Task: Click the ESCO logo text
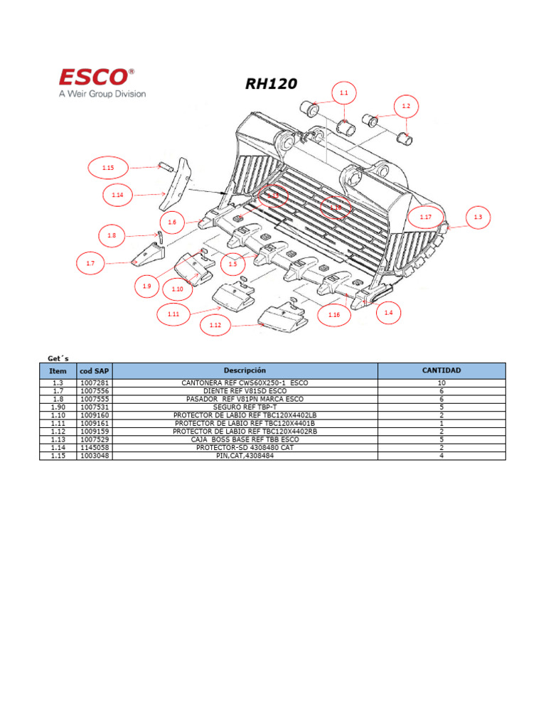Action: [x=95, y=76]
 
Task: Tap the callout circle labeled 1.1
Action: [x=344, y=93]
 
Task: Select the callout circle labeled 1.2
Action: [x=406, y=106]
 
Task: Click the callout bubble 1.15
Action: [x=107, y=168]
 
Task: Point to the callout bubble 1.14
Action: [x=117, y=194]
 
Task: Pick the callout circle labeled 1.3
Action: [x=477, y=217]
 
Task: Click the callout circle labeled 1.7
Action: [x=90, y=263]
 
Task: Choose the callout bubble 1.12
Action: [x=215, y=326]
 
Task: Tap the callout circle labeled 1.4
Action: [x=387, y=313]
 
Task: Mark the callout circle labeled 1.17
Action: [x=426, y=217]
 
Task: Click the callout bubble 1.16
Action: [x=333, y=314]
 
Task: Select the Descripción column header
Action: [x=245, y=370]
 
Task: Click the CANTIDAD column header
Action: [x=441, y=370]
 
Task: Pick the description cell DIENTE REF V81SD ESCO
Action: [x=245, y=391]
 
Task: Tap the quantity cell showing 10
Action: [x=441, y=383]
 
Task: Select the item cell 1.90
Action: [x=58, y=407]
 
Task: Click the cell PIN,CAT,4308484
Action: [x=245, y=455]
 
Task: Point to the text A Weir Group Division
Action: [x=102, y=94]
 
